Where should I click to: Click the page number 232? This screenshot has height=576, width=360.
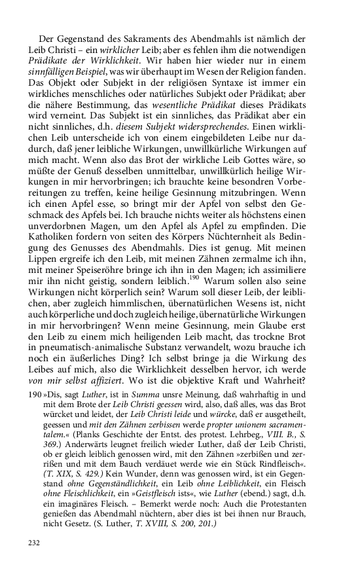coord(34,543)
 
